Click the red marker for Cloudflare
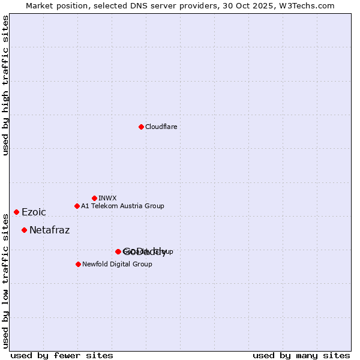click(141, 127)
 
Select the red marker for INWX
click(94, 198)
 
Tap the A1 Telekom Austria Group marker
click(77, 206)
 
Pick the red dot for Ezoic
click(16, 212)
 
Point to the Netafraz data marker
click(24, 230)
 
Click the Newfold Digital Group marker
click(78, 264)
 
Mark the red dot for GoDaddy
click(118, 251)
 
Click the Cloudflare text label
click(161, 127)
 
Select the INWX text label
click(107, 198)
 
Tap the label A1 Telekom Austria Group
click(122, 206)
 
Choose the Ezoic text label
click(34, 212)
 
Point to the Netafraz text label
click(49, 230)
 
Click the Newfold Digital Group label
click(117, 264)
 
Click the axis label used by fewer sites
click(62, 355)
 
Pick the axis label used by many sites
click(301, 355)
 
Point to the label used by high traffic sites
click(6, 86)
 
